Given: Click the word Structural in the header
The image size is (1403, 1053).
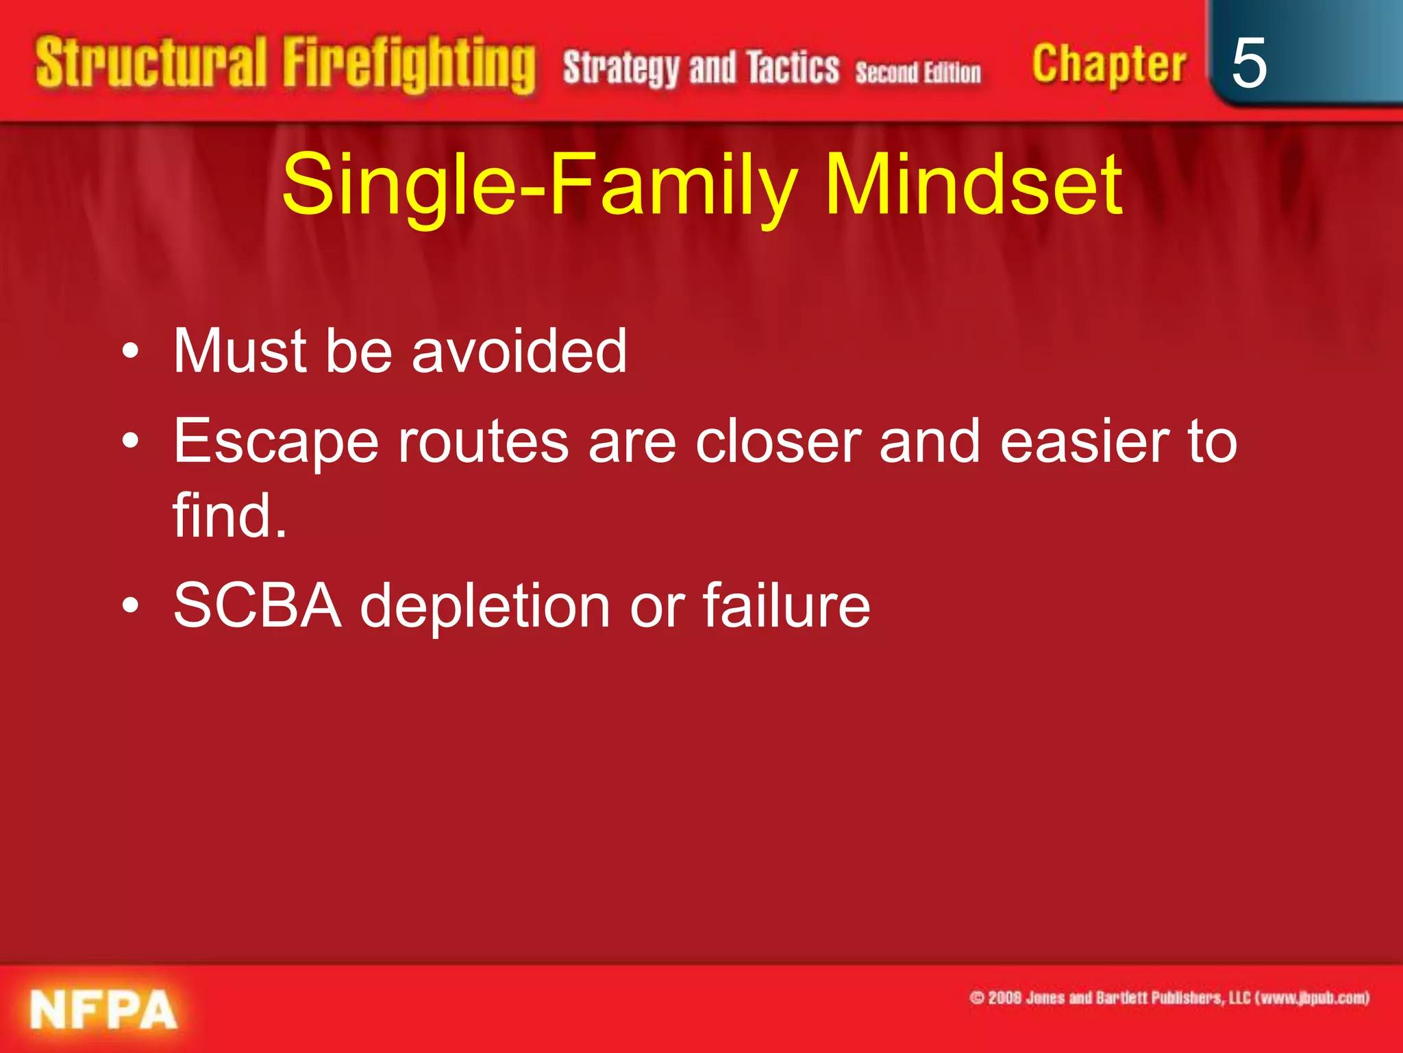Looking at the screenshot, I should click(x=151, y=63).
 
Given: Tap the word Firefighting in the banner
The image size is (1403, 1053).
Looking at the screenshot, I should click(x=409, y=65).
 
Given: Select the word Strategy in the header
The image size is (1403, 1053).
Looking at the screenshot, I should click(x=621, y=69).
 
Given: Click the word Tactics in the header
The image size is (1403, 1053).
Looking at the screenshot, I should click(x=793, y=67).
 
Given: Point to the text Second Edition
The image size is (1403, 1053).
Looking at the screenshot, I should click(x=918, y=73).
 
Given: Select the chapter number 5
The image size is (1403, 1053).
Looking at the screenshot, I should click(x=1248, y=63).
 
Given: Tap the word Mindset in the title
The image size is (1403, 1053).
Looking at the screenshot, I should click(x=973, y=184).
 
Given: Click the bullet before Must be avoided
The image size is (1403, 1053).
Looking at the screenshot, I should click(x=131, y=352).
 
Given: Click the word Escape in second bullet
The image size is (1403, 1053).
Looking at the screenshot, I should click(x=275, y=443).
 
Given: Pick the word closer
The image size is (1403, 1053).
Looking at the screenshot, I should click(x=778, y=442).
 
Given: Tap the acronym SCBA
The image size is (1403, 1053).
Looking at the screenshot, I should click(x=257, y=605).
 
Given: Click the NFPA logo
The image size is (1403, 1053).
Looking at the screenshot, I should click(x=103, y=1010).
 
